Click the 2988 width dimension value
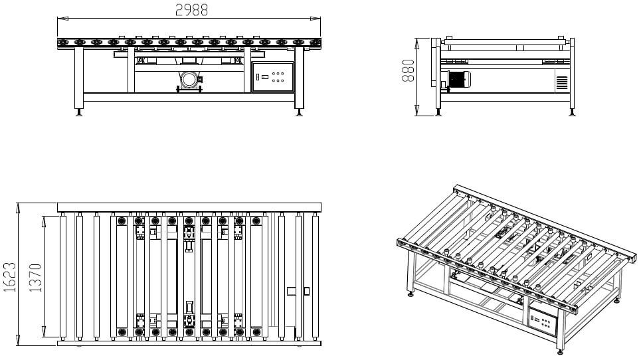pyautogui.click(x=191, y=9)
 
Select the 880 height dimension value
pyautogui.click(x=409, y=69)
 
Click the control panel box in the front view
pyautogui.click(x=273, y=76)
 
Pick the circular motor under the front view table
pyautogui.click(x=189, y=80)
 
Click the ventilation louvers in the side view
pyautogui.click(x=561, y=82)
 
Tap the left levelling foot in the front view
pyautogui.click(x=79, y=112)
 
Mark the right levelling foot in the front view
pyautogui.click(x=298, y=112)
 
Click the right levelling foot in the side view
pyautogui.click(x=571, y=112)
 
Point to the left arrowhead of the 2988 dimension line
pyautogui.click(x=60, y=18)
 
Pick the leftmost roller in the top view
pyautogui.click(x=63, y=276)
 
